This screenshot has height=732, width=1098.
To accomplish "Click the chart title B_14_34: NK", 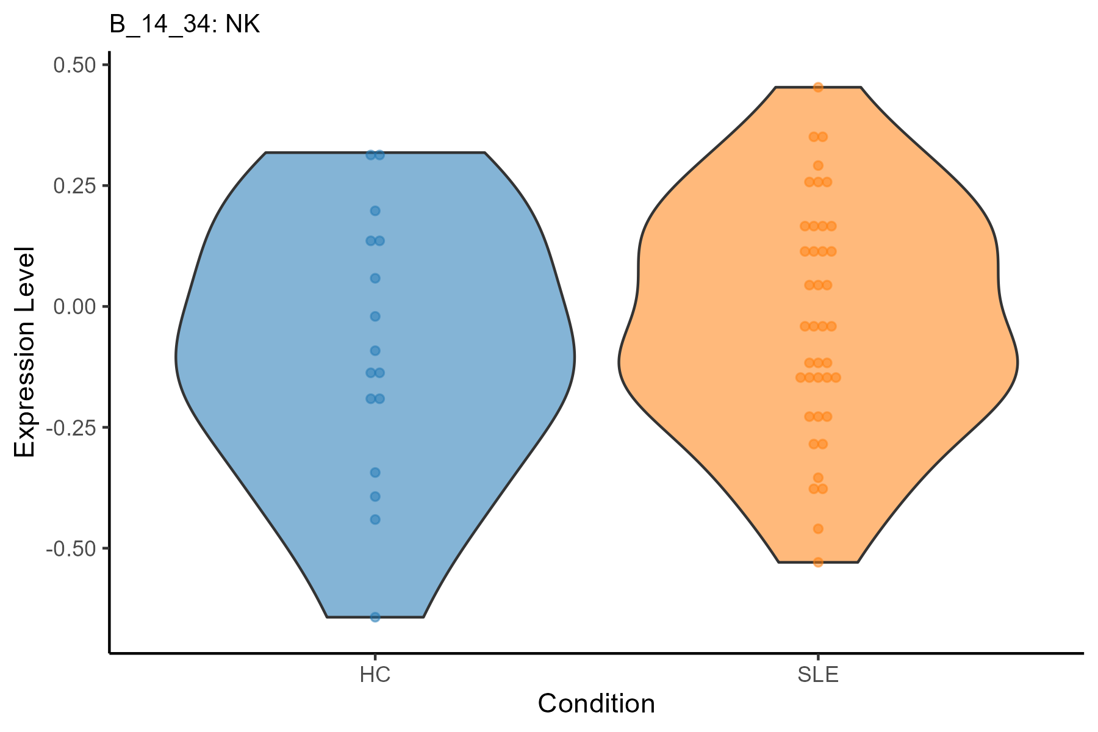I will (x=185, y=25).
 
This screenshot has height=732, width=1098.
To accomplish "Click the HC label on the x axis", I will (x=375, y=675).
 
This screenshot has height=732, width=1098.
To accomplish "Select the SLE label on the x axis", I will (x=818, y=675).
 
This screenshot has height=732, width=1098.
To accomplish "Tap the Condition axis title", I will (x=596, y=704).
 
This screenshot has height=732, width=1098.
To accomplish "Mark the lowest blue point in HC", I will (x=375, y=617).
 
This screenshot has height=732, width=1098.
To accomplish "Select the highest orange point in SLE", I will (x=818, y=87).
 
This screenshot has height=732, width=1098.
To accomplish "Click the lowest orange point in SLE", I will (x=818, y=562).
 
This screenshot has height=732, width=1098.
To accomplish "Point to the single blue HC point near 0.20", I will (x=375, y=211).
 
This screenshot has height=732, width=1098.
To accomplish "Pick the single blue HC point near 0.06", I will (x=375, y=278).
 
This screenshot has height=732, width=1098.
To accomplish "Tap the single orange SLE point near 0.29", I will (x=818, y=165).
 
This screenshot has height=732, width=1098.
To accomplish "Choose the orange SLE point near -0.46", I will (x=818, y=528).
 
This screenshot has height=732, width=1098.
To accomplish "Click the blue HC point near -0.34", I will (x=375, y=472).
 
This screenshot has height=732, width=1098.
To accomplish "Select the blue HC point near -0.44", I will (x=375, y=520).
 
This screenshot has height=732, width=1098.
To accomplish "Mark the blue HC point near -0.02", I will (x=375, y=316).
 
